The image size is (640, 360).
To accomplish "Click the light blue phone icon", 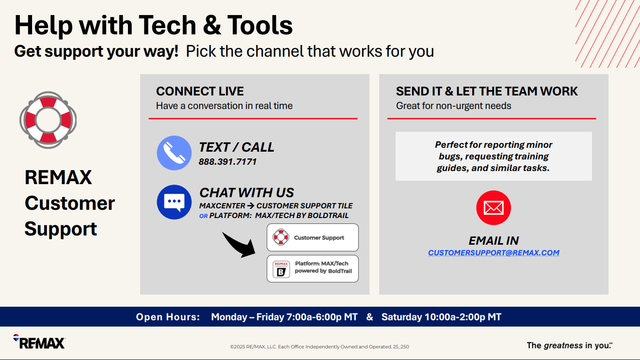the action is (174, 153).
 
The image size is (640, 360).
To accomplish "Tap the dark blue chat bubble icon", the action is (174, 202).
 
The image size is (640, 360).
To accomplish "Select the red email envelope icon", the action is (494, 208).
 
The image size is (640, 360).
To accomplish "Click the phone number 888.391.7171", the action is (227, 162).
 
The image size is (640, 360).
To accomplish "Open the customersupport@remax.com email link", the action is (494, 252).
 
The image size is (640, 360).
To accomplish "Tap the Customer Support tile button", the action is (313, 237).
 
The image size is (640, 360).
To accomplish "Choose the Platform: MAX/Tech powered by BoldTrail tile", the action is (313, 268).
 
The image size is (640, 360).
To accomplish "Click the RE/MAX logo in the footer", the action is (39, 342).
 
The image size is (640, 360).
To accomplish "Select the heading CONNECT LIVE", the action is (200, 92).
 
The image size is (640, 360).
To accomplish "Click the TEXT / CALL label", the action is (236, 147).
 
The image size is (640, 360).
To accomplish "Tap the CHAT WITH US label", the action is (247, 193).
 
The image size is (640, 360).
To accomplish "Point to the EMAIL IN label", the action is (494, 241).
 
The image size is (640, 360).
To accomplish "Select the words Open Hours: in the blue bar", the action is (168, 317).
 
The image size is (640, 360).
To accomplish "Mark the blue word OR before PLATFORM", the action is (204, 216).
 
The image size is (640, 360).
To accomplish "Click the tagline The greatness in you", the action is (569, 345).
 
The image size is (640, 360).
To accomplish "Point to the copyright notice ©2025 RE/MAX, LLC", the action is (320, 346).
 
